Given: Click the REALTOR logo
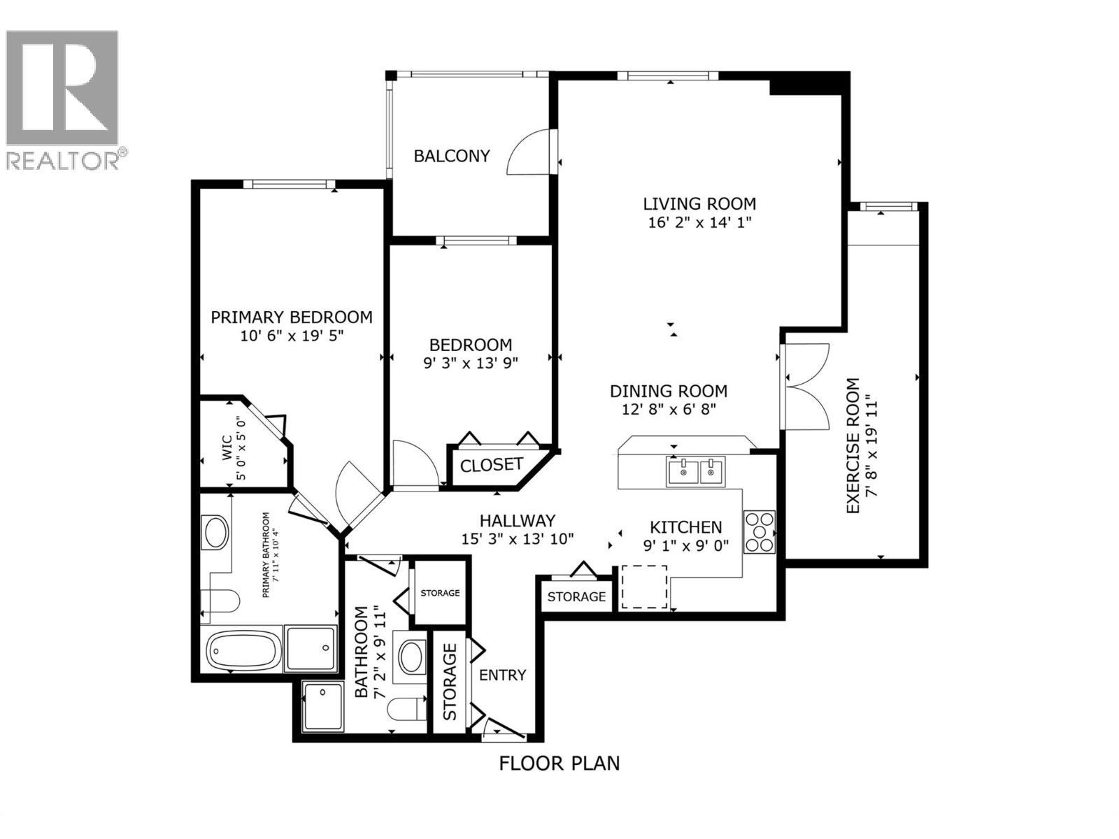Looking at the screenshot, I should (x=63, y=98).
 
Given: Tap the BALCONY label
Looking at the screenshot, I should (x=452, y=156).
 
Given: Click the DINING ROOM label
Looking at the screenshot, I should (x=668, y=392).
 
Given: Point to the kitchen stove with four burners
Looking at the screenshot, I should (x=760, y=533).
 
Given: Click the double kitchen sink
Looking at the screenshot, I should (x=696, y=471).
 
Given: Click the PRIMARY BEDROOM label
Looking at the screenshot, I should (x=291, y=317).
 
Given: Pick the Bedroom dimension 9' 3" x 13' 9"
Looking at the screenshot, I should (x=470, y=362).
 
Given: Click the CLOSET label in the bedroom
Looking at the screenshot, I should (x=491, y=465).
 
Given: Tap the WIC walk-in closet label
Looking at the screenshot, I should (x=227, y=449).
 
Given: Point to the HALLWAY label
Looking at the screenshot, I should (x=517, y=520).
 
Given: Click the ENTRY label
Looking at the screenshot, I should (x=502, y=675).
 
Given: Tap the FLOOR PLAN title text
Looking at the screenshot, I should (x=559, y=763).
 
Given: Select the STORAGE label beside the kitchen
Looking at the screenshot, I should (x=576, y=596).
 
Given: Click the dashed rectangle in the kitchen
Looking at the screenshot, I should (x=644, y=587).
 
